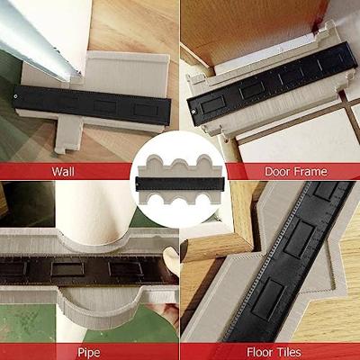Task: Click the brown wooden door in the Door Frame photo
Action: (x=252, y=22)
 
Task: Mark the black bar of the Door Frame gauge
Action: (x=270, y=90)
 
